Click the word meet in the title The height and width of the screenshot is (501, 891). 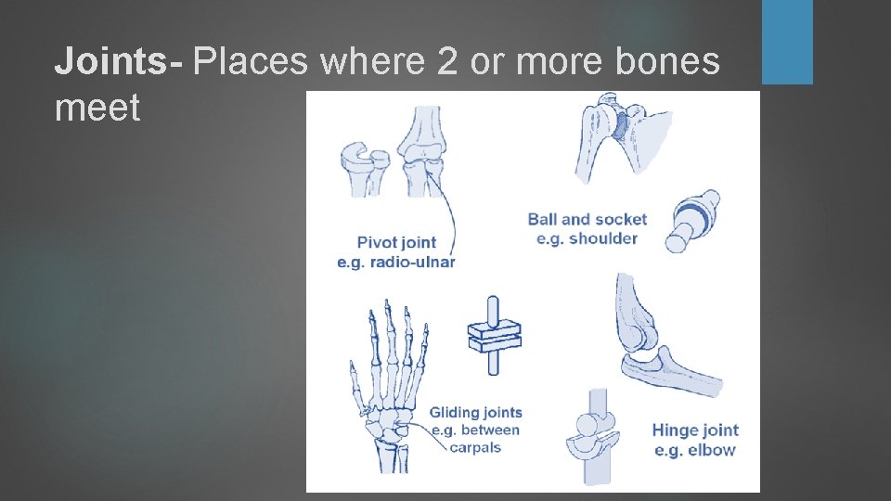(x=97, y=108)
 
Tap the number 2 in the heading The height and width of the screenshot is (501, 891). (x=445, y=61)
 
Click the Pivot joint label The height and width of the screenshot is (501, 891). (x=397, y=243)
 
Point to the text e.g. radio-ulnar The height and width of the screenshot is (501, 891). (x=396, y=263)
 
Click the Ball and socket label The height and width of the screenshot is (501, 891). (x=587, y=220)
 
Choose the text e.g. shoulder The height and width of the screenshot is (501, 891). (x=587, y=238)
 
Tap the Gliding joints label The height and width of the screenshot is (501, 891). (x=475, y=413)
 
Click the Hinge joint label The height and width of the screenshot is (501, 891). (x=695, y=430)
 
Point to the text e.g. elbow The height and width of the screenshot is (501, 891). (x=695, y=450)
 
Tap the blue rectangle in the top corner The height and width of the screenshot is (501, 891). (x=787, y=42)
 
